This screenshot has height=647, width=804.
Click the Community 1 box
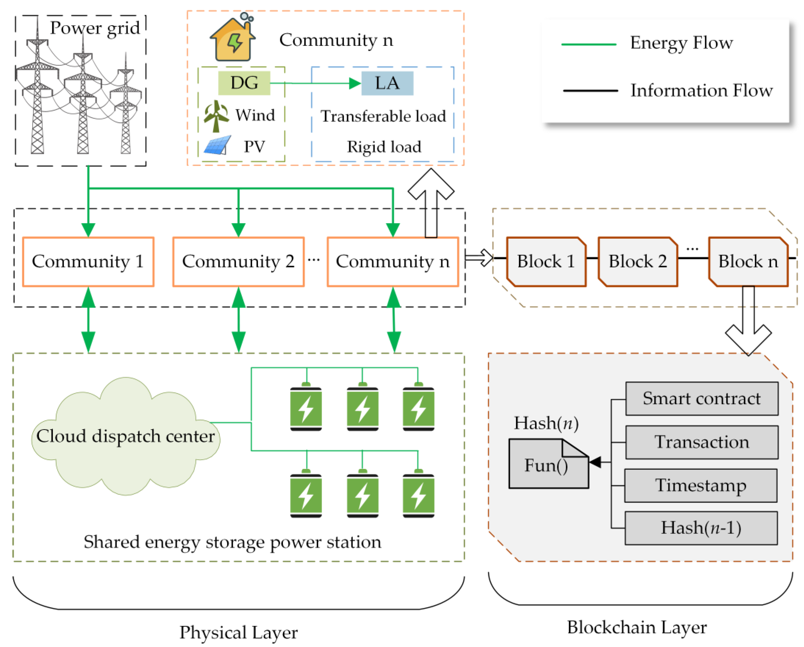point(88,261)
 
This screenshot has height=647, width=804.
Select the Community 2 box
point(238,261)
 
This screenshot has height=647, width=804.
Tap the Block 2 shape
point(637,261)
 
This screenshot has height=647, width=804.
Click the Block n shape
point(748,261)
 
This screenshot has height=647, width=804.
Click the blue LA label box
point(387,83)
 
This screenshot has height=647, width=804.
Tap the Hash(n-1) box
point(701,528)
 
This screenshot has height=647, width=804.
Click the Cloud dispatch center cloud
point(125,436)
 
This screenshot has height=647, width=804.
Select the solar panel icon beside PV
point(217,146)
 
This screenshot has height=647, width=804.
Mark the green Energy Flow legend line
point(588,44)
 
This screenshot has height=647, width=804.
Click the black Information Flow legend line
point(590,90)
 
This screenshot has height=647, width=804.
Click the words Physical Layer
point(238,632)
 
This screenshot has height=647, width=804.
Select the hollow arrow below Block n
point(748,329)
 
